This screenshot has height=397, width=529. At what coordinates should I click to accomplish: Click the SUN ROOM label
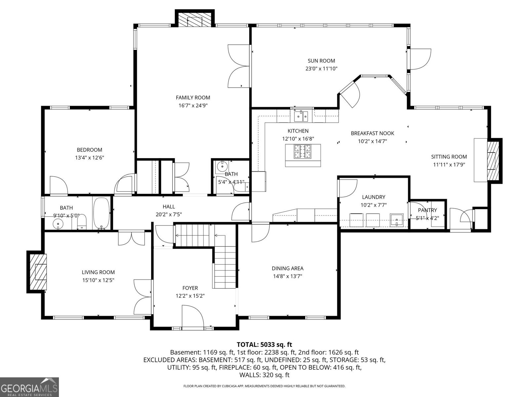point(321,61)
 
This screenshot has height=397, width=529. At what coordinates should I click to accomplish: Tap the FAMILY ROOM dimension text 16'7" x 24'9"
point(193,105)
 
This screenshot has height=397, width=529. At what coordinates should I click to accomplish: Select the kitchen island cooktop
point(303,152)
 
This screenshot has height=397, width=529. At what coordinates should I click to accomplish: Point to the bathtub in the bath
point(101,213)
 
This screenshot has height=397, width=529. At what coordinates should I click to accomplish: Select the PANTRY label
point(427,210)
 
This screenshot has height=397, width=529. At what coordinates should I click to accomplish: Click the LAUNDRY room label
point(374,197)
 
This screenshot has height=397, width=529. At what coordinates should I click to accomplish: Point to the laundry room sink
point(396,220)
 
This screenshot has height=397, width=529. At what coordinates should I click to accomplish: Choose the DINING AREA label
point(288,268)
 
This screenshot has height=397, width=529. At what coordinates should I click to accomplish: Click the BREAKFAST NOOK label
point(372,133)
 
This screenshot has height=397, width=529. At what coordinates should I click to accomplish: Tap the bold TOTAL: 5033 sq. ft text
point(264,344)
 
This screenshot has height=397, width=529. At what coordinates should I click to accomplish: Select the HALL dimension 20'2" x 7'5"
point(169,214)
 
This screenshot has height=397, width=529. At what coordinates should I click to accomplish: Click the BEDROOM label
point(89,150)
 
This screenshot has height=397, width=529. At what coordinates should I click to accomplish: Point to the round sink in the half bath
point(222,166)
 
